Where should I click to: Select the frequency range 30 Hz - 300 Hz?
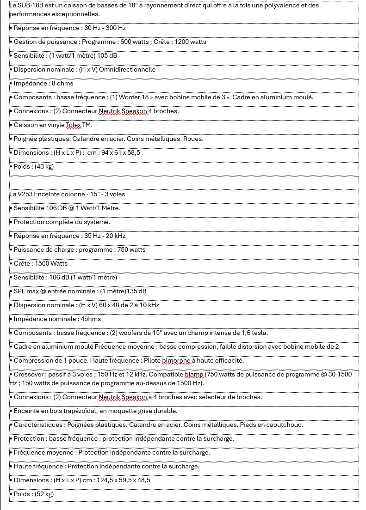coord(105,28)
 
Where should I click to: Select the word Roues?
coord(193,139)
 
